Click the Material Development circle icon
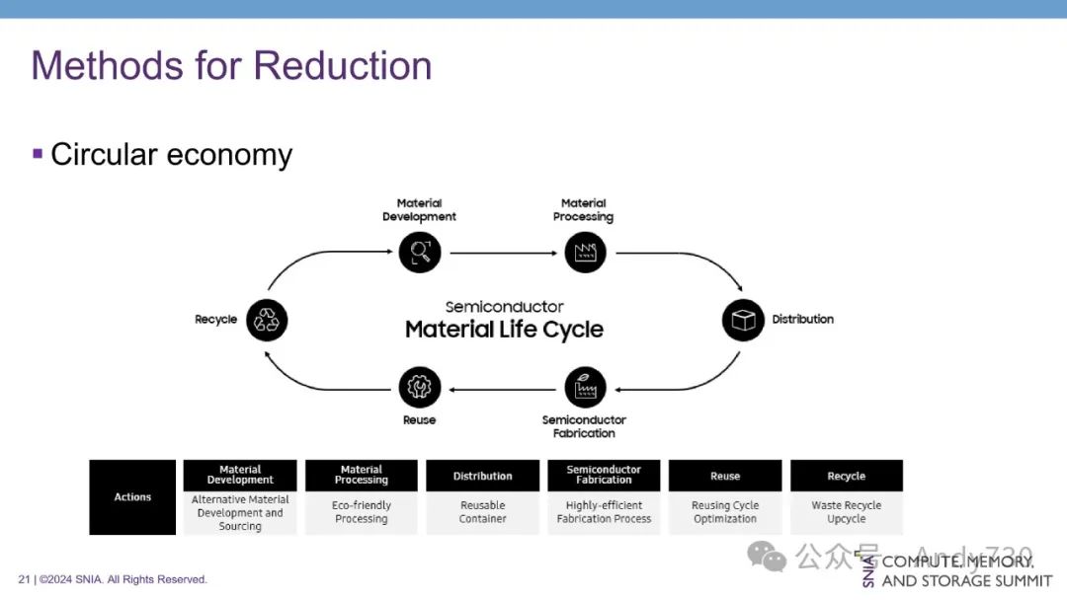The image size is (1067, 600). [420, 253]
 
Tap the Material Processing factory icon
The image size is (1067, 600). [585, 253]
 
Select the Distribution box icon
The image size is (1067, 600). [743, 320]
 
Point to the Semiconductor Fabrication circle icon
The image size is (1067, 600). [585, 388]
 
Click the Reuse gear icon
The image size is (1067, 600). [420, 388]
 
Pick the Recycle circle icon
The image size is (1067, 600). [267, 320]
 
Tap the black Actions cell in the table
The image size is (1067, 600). [132, 497]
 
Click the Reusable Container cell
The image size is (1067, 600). [482, 512]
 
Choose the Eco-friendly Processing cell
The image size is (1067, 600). [362, 512]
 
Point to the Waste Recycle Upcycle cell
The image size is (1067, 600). [847, 512]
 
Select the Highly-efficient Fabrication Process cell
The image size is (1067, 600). [604, 512]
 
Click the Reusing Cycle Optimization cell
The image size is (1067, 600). [725, 512]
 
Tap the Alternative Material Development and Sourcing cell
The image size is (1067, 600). [240, 513]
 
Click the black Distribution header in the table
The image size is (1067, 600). [482, 476]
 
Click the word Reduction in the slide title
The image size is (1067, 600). [343, 66]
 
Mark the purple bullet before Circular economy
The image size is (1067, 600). [38, 153]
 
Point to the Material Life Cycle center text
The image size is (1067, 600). [504, 330]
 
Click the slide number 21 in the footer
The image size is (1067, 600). [24, 579]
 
